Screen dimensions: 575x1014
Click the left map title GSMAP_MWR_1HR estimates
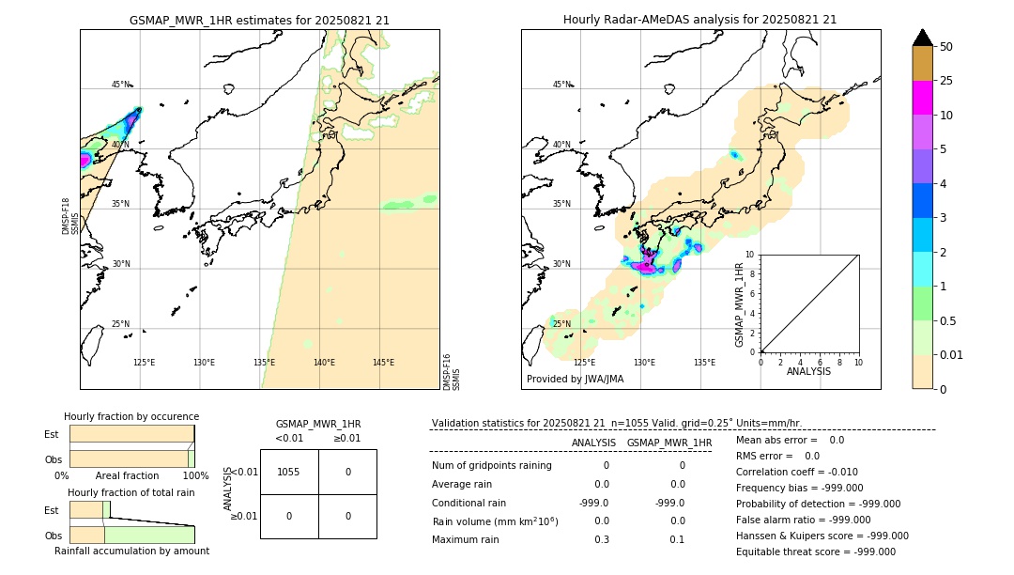[259, 20]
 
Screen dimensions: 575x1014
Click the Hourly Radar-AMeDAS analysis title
[699, 20]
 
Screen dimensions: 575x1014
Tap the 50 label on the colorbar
[946, 47]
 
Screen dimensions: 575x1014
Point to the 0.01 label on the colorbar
[952, 354]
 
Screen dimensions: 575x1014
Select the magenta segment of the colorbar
[922, 98]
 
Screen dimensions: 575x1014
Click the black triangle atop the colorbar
[922, 38]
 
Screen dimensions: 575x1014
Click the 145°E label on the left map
[383, 363]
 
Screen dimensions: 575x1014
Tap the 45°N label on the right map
[561, 85]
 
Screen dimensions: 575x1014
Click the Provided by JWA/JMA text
[575, 380]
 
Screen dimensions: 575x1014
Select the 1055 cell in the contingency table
[289, 472]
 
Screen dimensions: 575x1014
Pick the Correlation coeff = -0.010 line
[796, 472]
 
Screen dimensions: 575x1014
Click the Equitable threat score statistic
[815, 552]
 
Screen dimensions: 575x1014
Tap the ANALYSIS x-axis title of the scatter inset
[808, 371]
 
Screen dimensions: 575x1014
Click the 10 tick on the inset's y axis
[751, 254]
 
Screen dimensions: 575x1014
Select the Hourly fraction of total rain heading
[131, 492]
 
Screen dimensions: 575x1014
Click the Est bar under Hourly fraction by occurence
[131, 434]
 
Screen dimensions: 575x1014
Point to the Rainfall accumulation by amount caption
[131, 551]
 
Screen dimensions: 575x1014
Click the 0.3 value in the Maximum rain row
[601, 539]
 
